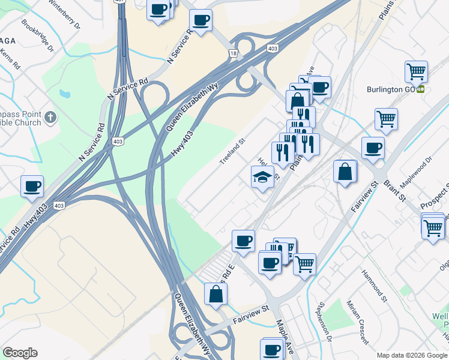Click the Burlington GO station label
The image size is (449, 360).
coord(391,89)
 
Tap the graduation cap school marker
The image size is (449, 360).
coord(262,177)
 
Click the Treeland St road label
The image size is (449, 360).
coord(232,155)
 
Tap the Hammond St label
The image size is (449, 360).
coord(375,284)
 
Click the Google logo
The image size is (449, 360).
coord(20,353)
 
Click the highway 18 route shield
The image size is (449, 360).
coord(232,53)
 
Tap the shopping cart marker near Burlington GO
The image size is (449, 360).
coord(416,72)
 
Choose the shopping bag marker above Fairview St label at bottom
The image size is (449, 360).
coord(215,294)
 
